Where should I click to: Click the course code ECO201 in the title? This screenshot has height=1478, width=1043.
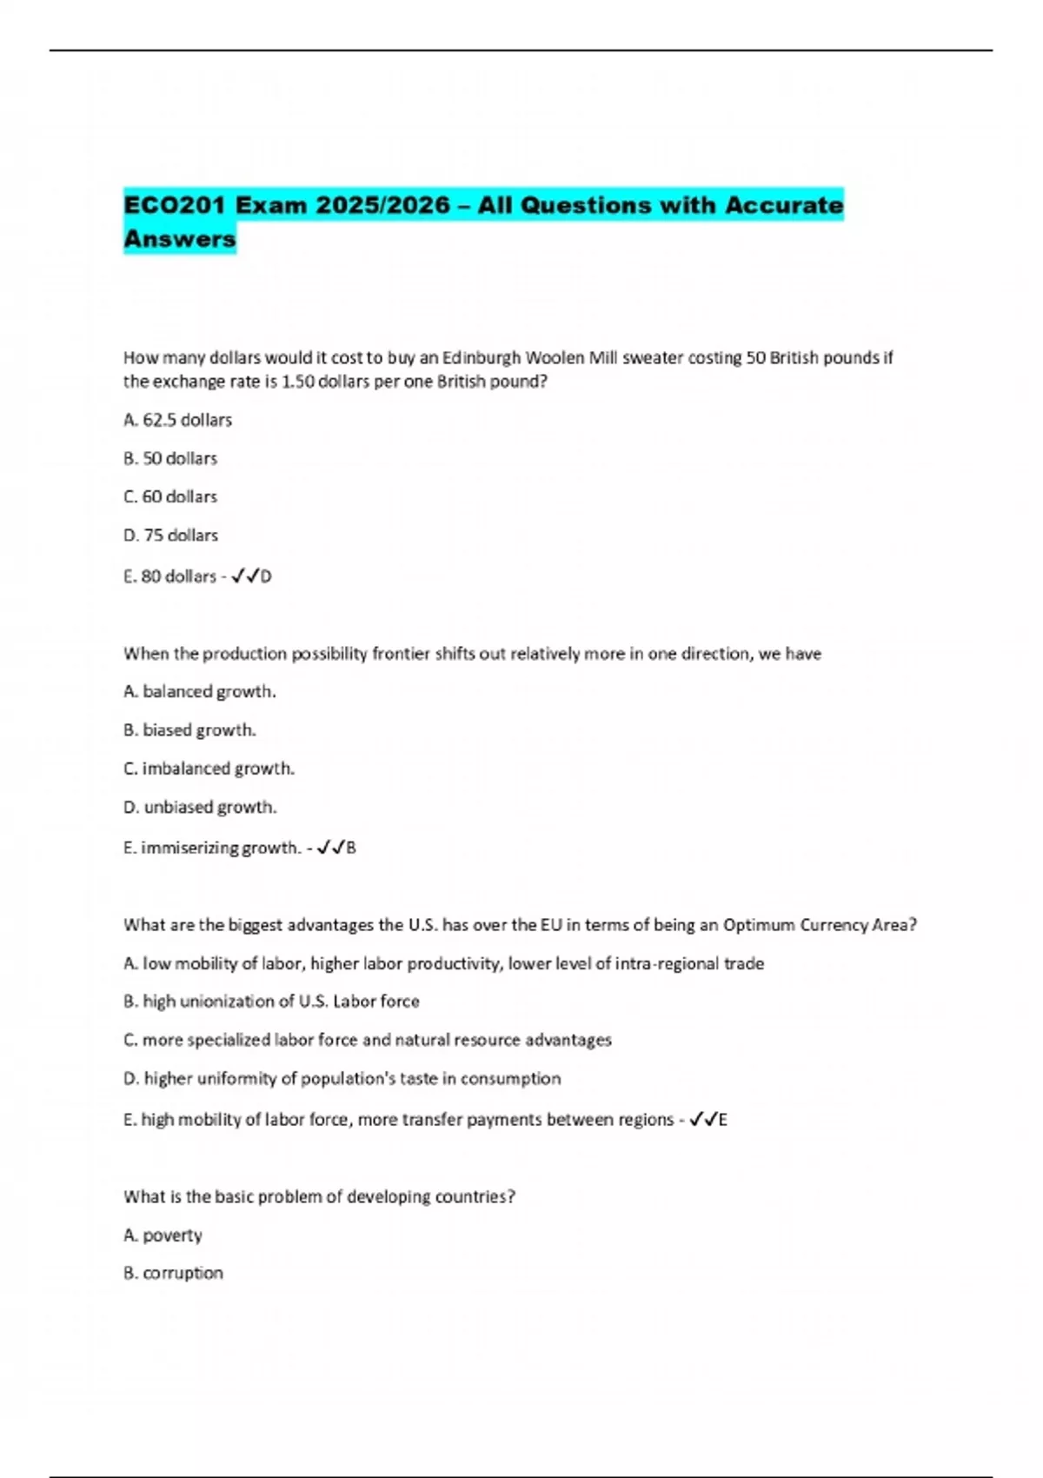[174, 205]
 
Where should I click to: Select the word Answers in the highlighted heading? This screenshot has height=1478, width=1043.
[180, 238]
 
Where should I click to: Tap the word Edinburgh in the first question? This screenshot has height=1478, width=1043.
[482, 357]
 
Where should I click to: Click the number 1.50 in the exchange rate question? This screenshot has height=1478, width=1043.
[298, 382]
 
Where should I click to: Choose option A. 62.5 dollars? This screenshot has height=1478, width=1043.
[178, 420]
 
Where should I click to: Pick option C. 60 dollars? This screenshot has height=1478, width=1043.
[170, 496]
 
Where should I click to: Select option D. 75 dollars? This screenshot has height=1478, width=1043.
[171, 535]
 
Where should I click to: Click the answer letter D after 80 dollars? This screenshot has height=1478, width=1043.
[266, 576]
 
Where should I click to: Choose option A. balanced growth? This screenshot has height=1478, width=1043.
[200, 691]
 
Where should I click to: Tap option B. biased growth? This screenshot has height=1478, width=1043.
[190, 729]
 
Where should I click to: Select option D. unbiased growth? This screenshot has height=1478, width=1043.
[201, 807]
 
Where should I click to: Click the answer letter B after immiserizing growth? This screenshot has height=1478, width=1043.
[351, 848]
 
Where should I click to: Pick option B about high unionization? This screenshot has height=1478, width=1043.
[272, 1001]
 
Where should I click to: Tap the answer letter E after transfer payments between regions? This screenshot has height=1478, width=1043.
[722, 1120]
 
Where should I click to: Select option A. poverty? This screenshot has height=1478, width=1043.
[163, 1235]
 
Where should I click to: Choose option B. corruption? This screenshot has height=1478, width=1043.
[174, 1273]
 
